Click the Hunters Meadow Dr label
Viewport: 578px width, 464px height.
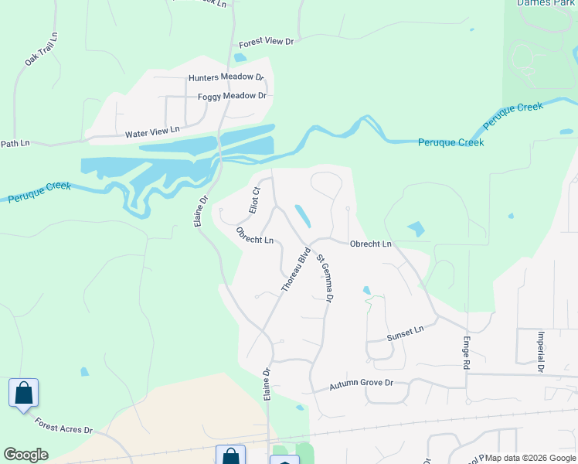226,78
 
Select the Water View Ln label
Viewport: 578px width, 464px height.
152,133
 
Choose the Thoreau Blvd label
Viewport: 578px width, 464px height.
296,269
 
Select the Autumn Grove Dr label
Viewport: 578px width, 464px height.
362,384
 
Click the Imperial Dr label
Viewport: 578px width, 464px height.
540,351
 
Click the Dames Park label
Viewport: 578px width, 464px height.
548,4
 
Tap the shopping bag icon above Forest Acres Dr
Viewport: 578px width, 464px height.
23,392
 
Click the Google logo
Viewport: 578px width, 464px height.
25,455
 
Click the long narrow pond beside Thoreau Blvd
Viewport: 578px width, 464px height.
303,216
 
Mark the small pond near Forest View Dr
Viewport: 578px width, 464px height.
240,57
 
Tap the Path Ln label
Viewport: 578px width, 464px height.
15,143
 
